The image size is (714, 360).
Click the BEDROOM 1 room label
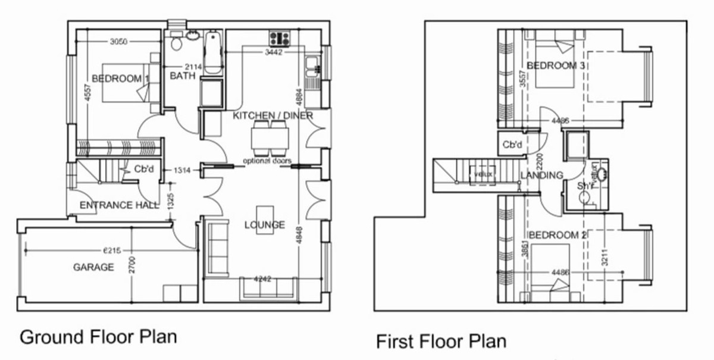[120, 79]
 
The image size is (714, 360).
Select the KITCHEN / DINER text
[273, 115]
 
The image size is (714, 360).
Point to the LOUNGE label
[265, 225]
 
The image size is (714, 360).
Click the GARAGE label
[93, 267]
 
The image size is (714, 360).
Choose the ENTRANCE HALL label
[119, 205]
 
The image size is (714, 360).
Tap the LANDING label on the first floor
[541, 175]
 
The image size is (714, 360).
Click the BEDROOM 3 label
[555, 65]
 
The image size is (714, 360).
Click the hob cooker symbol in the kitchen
[278, 39]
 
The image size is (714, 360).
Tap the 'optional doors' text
[267, 161]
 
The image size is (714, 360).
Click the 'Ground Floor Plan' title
[98, 337]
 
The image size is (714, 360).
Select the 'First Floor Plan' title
[441, 342]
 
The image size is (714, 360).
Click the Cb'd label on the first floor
[512, 145]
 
